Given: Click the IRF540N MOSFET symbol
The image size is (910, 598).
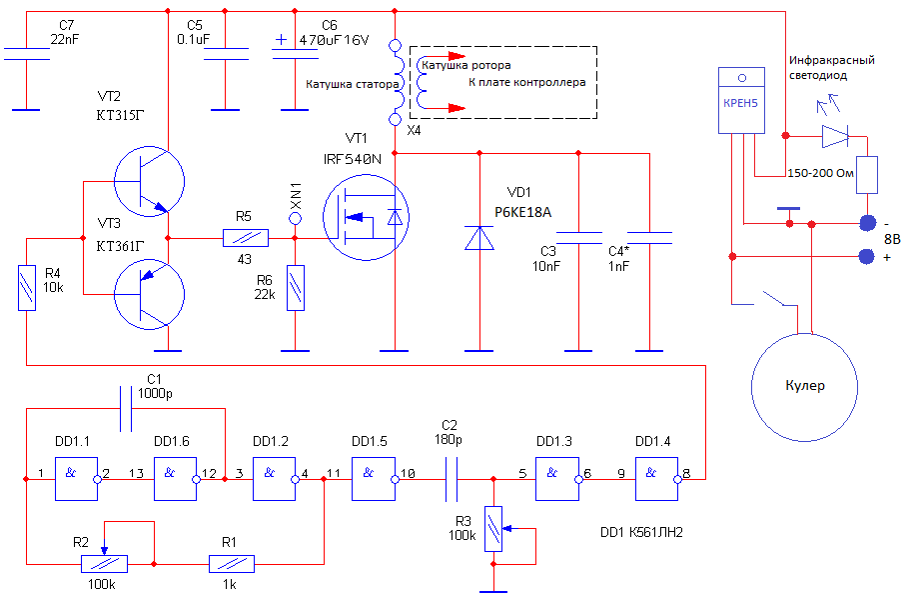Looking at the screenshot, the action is pos(366,218).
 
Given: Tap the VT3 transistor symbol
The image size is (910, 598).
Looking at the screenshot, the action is pos(149,295).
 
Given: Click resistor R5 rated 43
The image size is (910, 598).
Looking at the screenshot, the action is pos(246,238).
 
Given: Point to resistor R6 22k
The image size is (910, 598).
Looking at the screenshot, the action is pos(296,288).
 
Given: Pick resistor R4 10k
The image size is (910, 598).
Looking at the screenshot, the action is pos(27,288).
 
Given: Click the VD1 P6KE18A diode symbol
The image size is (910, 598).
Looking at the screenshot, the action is pos(479,238).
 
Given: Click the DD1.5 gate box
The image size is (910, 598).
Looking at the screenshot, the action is pos(375,479).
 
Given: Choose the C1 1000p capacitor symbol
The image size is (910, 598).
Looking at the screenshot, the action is pos(125,409).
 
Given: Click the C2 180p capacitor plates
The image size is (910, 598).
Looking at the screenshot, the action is pos(451,479).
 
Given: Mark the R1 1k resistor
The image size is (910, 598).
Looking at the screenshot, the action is pos(232,564).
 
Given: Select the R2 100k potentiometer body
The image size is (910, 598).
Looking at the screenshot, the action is pos(104,564).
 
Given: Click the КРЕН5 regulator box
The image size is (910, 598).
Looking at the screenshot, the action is pos(741,101).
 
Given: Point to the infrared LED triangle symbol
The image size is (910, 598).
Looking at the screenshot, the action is pos(835,137).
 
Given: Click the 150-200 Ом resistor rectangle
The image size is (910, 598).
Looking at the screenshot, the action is pos(867,175).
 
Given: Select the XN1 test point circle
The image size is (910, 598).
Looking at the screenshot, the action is pos(296,219).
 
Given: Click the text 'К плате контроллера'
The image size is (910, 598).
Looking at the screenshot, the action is pos(527,83).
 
